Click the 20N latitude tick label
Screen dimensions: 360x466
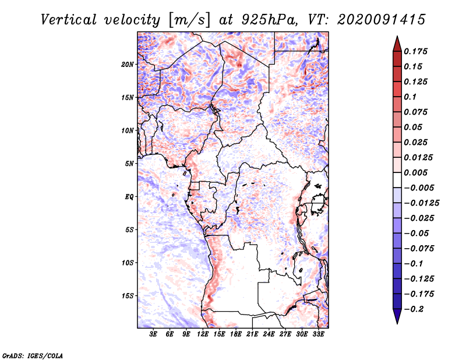pyautogui.click(x=128, y=64)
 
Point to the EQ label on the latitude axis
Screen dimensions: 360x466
pyautogui.click(x=129, y=196)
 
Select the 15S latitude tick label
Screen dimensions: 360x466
pyautogui.click(x=128, y=295)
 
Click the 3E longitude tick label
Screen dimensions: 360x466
pyautogui.click(x=154, y=334)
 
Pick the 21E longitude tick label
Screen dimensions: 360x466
pyautogui.click(x=252, y=334)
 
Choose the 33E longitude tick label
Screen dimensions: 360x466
pyautogui.click(x=318, y=334)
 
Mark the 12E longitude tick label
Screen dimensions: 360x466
pyautogui.click(x=203, y=334)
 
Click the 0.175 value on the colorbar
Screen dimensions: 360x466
pyautogui.click(x=415, y=51)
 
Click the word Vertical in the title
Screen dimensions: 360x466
pyautogui.click(x=69, y=19)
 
